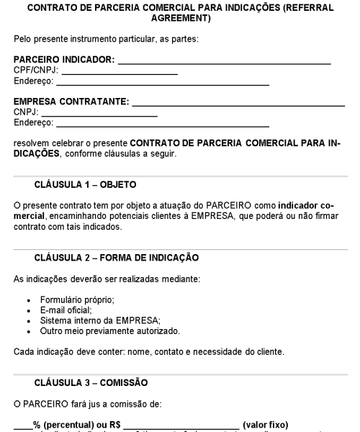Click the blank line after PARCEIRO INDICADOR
[x=224, y=64]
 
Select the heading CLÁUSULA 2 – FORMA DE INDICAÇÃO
[x=117, y=257]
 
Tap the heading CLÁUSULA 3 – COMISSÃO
[x=91, y=382]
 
